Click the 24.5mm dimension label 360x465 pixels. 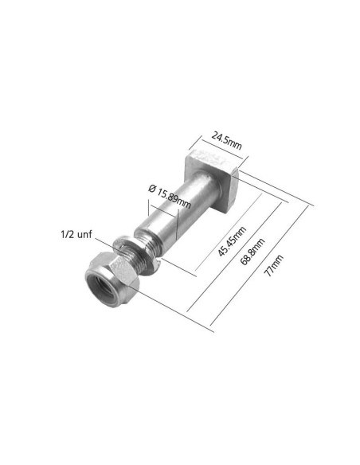tap(226, 141)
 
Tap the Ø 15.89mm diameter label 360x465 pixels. tap(170, 196)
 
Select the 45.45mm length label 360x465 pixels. tap(233, 241)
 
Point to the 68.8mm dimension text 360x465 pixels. tap(252, 251)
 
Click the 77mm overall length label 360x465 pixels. tap(274, 265)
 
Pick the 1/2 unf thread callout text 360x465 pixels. tap(76, 235)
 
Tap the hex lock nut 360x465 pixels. tap(112, 279)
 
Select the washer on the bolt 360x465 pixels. tap(136, 255)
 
